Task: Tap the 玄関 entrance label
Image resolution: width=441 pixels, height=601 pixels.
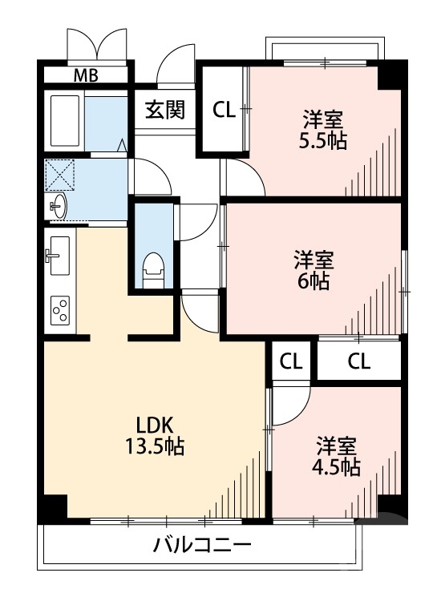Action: point(165,110)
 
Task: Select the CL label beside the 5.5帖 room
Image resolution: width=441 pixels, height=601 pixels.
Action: point(224,110)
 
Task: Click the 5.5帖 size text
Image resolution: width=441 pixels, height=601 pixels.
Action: point(324,142)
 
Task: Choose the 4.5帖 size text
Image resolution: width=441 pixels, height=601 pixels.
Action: point(337,467)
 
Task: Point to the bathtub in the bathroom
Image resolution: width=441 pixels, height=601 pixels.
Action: point(65,120)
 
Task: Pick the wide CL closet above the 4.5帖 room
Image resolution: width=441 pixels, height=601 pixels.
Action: point(359,361)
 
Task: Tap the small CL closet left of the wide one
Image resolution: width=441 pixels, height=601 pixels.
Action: point(291,361)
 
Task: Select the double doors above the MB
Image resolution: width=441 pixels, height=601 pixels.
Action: point(97,44)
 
